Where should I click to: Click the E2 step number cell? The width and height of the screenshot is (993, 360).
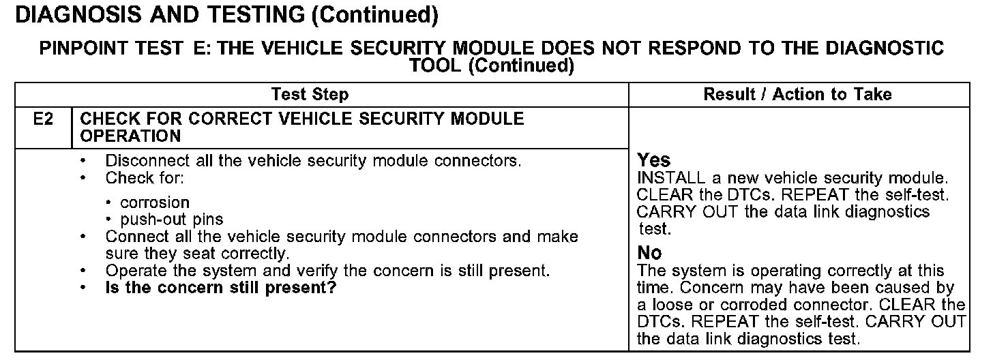click(x=43, y=119)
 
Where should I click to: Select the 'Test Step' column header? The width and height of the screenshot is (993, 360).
click(x=310, y=94)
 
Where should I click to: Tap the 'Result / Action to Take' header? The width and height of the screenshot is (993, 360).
click(x=797, y=94)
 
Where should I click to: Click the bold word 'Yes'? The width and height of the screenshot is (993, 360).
click(x=654, y=161)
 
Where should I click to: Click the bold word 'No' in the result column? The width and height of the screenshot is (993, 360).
click(x=649, y=254)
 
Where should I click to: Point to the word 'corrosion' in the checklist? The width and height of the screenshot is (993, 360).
click(x=155, y=202)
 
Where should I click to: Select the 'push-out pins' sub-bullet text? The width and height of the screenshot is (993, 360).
click(x=171, y=220)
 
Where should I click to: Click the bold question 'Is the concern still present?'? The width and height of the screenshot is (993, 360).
click(x=221, y=287)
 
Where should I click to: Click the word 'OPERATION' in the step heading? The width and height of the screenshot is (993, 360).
click(x=130, y=136)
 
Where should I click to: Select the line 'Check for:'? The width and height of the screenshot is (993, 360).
click(x=145, y=179)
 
